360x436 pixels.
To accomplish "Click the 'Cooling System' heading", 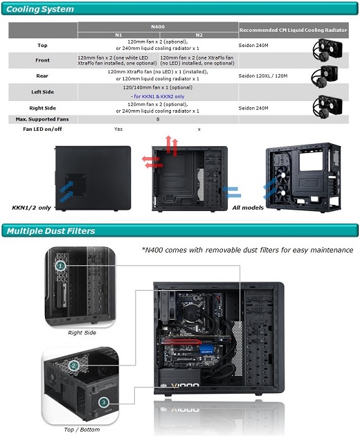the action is [x=40, y=9].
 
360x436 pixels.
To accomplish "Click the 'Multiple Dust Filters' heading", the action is [x=51, y=231].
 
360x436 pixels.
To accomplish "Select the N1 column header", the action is [x=118, y=35].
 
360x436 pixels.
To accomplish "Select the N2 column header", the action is [x=199, y=35].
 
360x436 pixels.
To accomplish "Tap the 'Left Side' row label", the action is [x=42, y=92].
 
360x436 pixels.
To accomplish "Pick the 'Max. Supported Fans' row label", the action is [x=42, y=119].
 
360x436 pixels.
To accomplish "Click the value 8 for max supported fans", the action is [x=158, y=119].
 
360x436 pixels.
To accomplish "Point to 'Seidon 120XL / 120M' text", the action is [x=263, y=75].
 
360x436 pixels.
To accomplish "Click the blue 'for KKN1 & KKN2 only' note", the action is [x=158, y=96].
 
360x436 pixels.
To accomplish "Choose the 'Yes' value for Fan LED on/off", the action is [x=118, y=129].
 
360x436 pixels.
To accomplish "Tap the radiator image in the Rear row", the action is [x=325, y=76].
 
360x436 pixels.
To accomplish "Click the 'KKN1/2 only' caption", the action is [x=31, y=208].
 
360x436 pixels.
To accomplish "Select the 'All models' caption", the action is [x=248, y=208].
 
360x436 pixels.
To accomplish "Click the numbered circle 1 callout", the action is [x=61, y=266].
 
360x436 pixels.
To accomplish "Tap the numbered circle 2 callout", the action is [x=73, y=365].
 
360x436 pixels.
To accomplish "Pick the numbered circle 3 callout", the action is [x=104, y=402].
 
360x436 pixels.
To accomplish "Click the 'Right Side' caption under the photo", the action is [x=82, y=333].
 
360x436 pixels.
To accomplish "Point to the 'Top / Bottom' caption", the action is [x=82, y=430].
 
